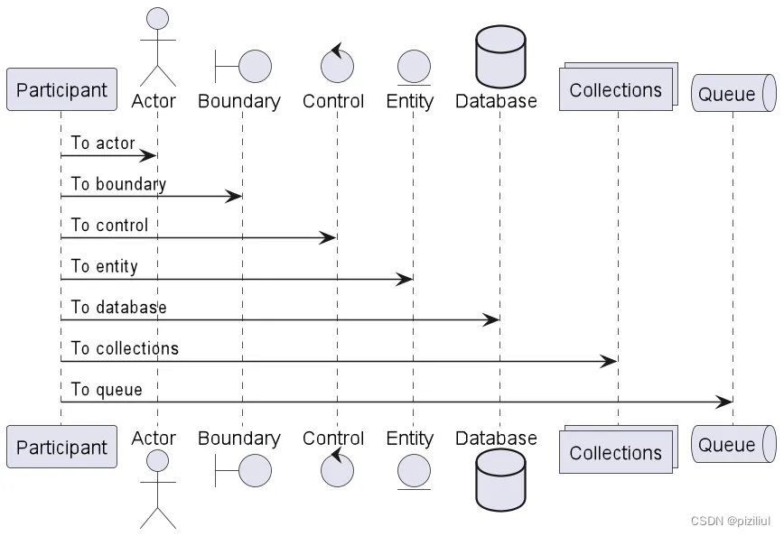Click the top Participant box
(61, 90)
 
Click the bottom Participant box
(61, 448)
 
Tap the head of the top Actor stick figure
(157, 18)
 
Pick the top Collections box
(616, 90)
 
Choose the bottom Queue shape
(733, 444)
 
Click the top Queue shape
(733, 94)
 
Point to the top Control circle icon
(337, 65)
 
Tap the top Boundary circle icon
(255, 66)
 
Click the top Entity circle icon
(413, 66)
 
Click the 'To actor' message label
(103, 143)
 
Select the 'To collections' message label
(125, 348)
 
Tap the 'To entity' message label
(104, 266)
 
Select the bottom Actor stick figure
(157, 487)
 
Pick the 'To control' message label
(109, 225)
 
